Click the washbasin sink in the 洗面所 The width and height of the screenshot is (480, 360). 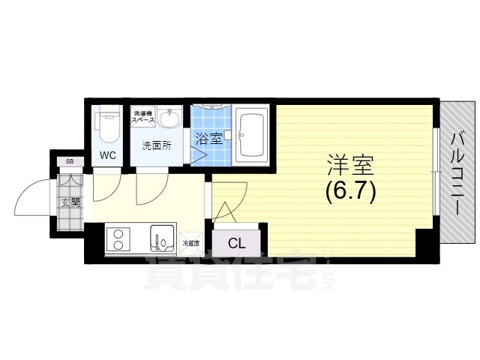point(172,118)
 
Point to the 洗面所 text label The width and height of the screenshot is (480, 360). point(157,146)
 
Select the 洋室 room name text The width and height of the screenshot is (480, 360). point(349,163)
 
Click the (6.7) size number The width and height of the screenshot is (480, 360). point(349,192)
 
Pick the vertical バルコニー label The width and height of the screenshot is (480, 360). point(456,172)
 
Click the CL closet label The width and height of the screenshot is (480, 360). point(236,242)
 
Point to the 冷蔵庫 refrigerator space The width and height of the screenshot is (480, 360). point(191,243)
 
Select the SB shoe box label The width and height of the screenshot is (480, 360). point(69,161)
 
